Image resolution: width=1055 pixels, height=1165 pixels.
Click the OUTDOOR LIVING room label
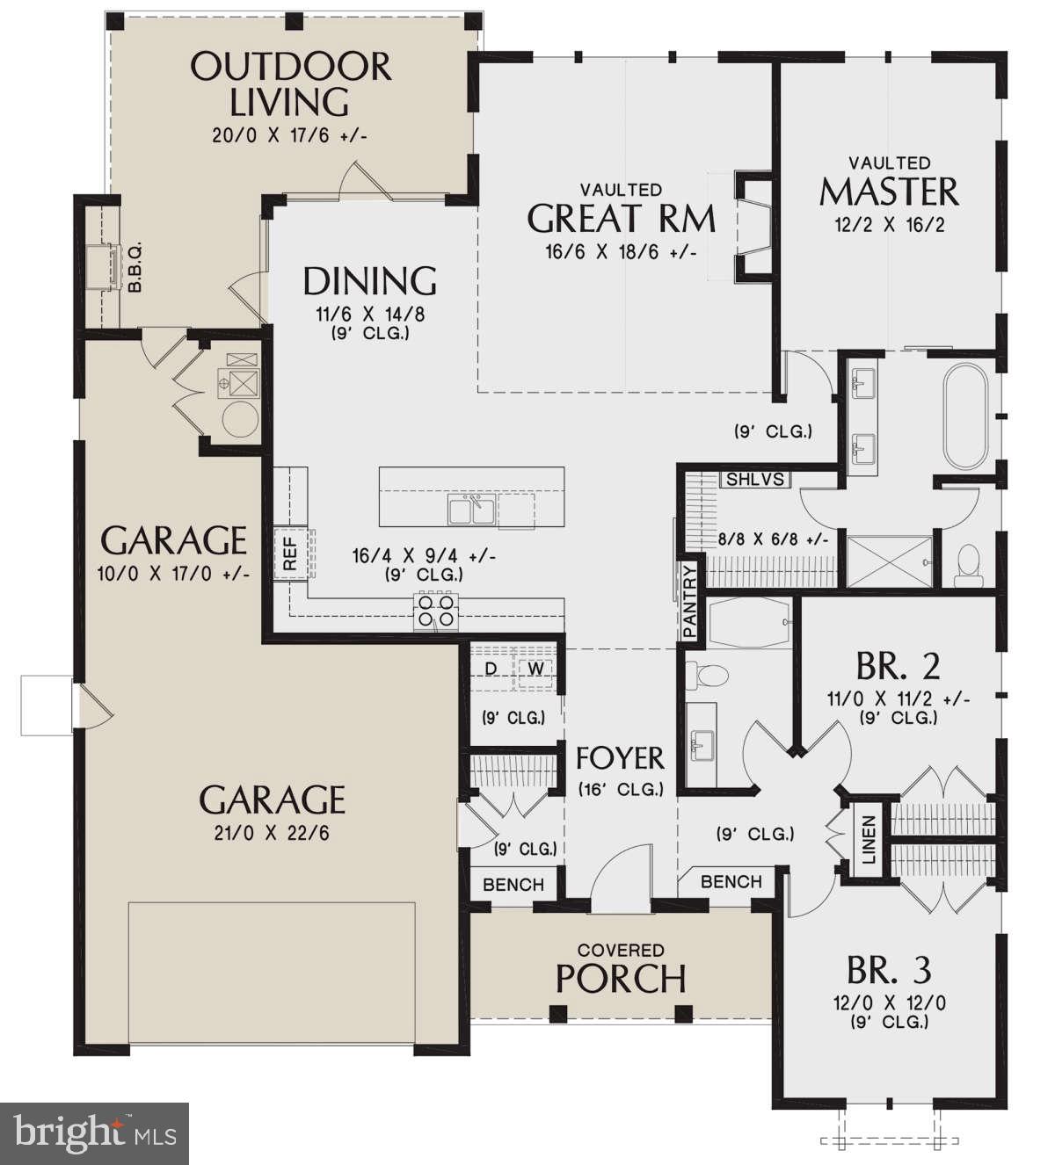point(290,83)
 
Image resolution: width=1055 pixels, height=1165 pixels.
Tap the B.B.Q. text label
point(135,268)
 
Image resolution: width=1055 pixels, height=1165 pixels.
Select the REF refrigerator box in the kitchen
point(290,554)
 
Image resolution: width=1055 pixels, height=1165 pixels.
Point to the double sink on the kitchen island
point(472,510)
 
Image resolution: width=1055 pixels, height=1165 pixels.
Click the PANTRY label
point(690,601)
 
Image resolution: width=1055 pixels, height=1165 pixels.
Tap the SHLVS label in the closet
point(755,480)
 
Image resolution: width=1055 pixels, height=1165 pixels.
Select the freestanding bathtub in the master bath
point(965,416)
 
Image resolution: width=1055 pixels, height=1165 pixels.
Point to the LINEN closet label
point(869,839)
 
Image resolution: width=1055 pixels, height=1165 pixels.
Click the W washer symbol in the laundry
point(535,669)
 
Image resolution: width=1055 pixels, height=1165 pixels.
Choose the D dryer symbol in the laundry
point(491,669)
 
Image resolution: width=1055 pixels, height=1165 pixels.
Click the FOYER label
point(620,757)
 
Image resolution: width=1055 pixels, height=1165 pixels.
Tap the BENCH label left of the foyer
point(513,885)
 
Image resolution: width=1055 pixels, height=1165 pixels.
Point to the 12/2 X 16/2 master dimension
point(889,224)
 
